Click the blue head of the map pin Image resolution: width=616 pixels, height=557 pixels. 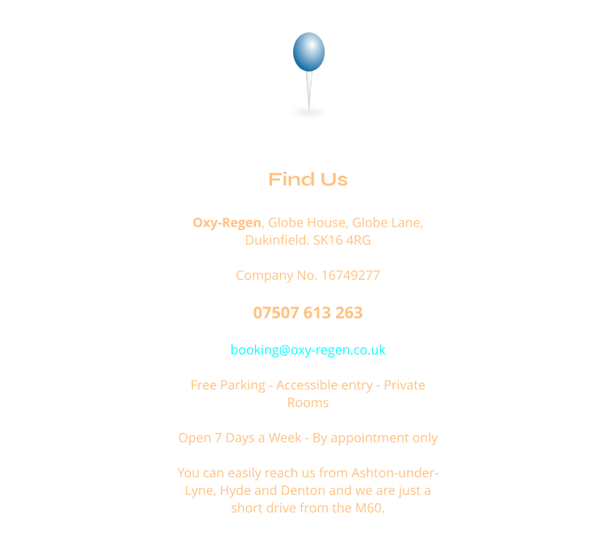click(x=308, y=52)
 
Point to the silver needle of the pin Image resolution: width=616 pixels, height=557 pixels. click(x=308, y=91)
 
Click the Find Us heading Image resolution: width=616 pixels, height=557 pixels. click(x=308, y=179)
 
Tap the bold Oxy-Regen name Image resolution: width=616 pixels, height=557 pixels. click(x=227, y=222)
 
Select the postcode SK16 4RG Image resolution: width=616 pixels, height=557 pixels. click(x=342, y=240)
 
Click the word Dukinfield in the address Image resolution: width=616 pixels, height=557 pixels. click(x=277, y=240)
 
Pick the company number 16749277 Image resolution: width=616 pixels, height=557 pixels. click(x=350, y=276)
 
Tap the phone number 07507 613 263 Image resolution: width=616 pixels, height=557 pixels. click(x=308, y=313)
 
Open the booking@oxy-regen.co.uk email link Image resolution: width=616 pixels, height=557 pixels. click(x=308, y=350)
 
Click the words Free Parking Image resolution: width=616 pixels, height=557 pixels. click(x=228, y=385)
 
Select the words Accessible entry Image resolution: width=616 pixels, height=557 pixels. click(x=325, y=385)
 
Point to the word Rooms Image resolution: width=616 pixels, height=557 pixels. click(x=308, y=403)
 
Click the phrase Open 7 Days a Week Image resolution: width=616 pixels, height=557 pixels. click(x=240, y=438)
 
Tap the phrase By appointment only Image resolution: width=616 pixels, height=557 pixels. click(x=375, y=438)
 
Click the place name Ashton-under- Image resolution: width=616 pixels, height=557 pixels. click(x=395, y=472)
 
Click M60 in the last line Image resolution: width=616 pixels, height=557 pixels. click(x=370, y=509)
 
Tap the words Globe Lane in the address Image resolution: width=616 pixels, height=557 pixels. click(x=388, y=222)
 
